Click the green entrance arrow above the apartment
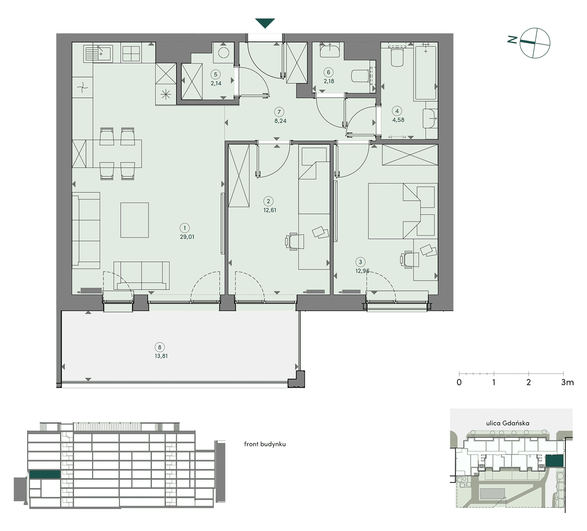(265, 23)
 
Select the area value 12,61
(270, 210)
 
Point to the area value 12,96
(362, 271)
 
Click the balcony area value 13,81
(161, 356)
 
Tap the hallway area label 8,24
(280, 121)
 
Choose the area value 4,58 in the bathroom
(398, 120)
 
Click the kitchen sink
(98, 53)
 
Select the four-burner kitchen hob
(131, 54)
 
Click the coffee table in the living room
(135, 220)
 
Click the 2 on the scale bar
(529, 382)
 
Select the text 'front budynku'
(265, 444)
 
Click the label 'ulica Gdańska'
(508, 423)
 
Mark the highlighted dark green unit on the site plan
(555, 461)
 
